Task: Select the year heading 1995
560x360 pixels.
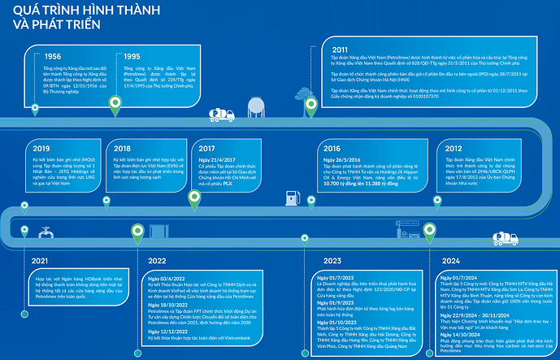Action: click(x=132, y=57)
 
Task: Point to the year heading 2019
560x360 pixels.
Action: click(x=42, y=149)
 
